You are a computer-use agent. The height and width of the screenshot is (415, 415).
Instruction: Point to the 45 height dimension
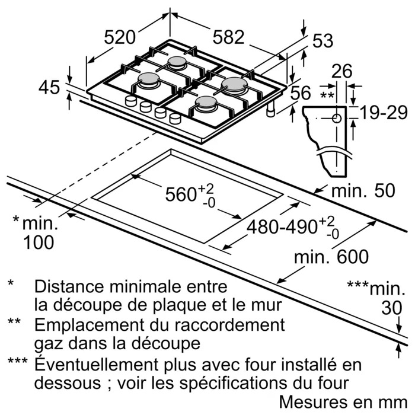[49, 88]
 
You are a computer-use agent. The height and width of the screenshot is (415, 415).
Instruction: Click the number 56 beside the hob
[301, 92]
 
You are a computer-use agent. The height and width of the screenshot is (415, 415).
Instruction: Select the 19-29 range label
[382, 113]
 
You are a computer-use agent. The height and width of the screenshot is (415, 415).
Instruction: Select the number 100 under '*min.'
[39, 242]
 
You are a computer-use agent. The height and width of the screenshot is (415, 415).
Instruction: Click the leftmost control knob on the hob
[130, 103]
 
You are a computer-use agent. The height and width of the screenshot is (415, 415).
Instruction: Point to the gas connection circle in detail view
[337, 118]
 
